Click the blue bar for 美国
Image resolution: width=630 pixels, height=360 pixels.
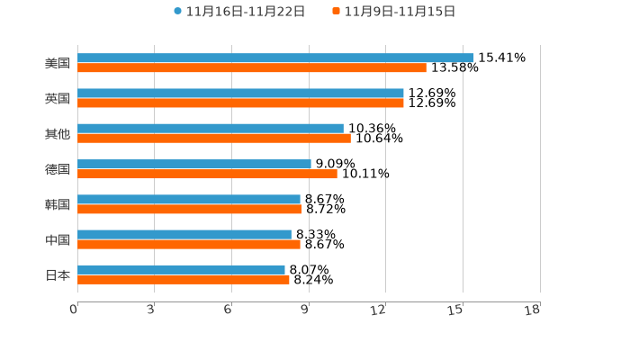[275, 58]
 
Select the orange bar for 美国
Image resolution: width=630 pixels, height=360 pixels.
[252, 67]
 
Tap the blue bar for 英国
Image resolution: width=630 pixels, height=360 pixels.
[240, 93]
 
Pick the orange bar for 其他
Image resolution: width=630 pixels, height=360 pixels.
[214, 138]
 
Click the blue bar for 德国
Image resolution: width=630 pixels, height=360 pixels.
[194, 164]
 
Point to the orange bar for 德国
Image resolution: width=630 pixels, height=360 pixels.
[207, 174]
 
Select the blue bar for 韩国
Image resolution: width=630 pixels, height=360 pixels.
[189, 199]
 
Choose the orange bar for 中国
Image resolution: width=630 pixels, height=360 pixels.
[189, 244]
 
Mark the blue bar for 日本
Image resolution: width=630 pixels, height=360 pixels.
[181, 269]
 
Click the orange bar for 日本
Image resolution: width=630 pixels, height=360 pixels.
[184, 279]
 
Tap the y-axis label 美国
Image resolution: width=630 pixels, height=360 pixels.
[58, 64]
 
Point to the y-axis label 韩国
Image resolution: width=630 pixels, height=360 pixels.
[58, 204]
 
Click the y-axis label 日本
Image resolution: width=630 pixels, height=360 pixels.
[58, 274]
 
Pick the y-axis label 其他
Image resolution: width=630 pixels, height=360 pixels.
[58, 134]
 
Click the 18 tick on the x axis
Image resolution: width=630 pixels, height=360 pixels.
[533, 310]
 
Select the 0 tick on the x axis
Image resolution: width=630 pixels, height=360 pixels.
[74, 310]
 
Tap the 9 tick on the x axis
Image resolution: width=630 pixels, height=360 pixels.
[305, 310]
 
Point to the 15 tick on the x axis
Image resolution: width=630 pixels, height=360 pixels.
[455, 310]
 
